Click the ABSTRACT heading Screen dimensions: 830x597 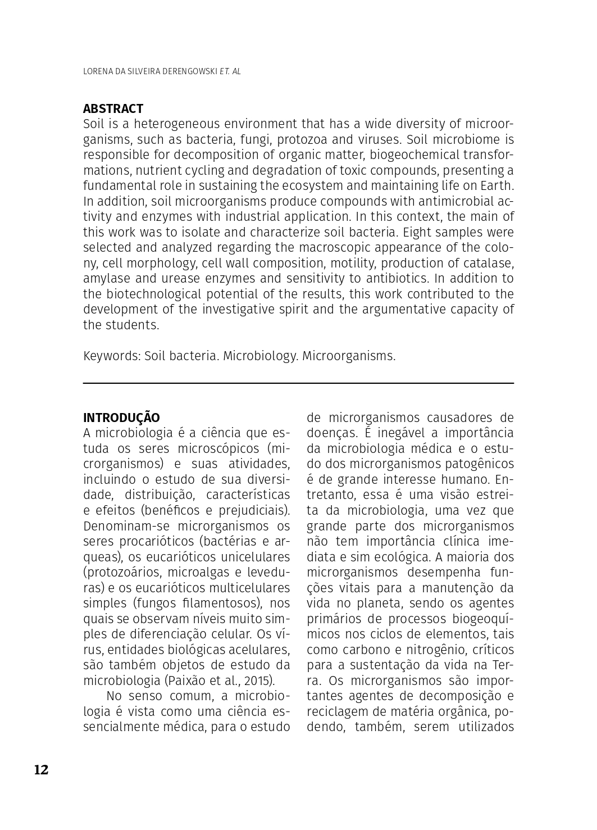[113, 108]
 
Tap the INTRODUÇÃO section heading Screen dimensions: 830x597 [121, 418]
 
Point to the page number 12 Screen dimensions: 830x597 [42, 770]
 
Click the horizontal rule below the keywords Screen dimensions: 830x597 [298, 383]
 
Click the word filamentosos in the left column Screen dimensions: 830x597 [223, 603]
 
